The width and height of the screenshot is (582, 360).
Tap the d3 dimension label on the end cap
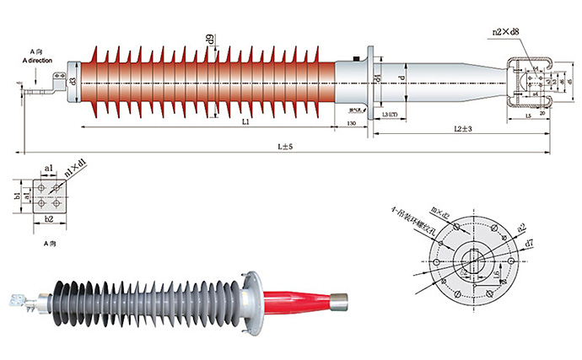click(73, 81)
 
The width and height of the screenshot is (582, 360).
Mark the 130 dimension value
click(352, 124)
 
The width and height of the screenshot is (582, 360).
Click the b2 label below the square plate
click(48, 219)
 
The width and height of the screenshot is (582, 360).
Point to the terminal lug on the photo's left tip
click(16, 299)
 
